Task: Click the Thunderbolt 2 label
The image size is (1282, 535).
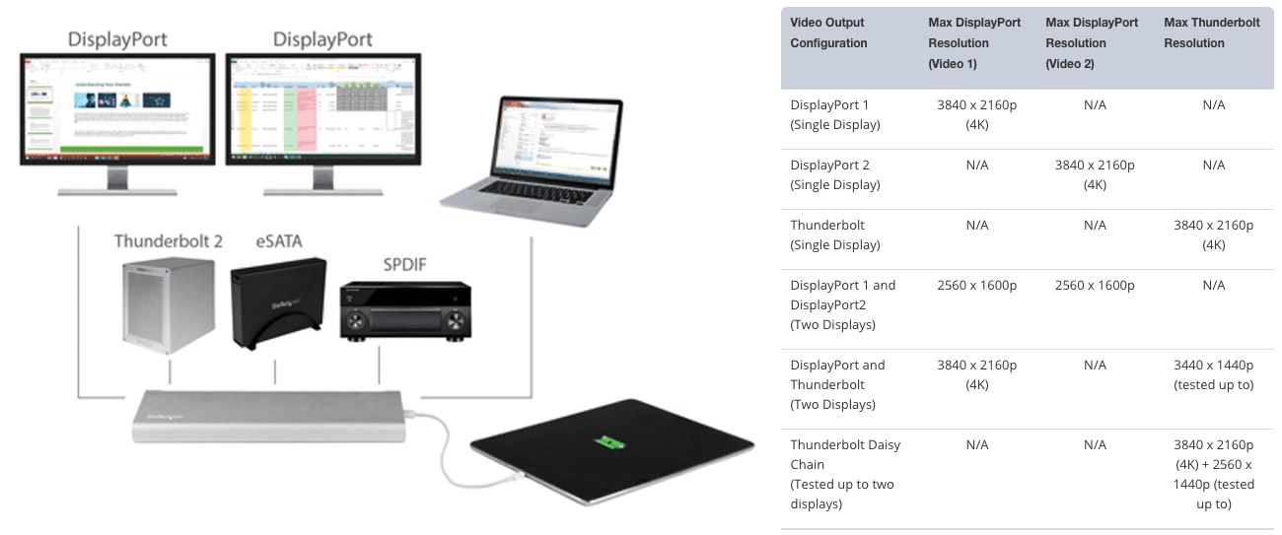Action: (x=168, y=240)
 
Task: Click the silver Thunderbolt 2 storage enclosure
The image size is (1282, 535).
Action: (x=167, y=305)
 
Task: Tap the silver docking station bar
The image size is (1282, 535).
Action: (x=272, y=418)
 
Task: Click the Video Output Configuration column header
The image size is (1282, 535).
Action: (x=828, y=33)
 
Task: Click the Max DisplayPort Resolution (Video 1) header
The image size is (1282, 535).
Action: (x=973, y=43)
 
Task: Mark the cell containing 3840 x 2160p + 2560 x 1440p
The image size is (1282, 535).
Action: (x=1213, y=474)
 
